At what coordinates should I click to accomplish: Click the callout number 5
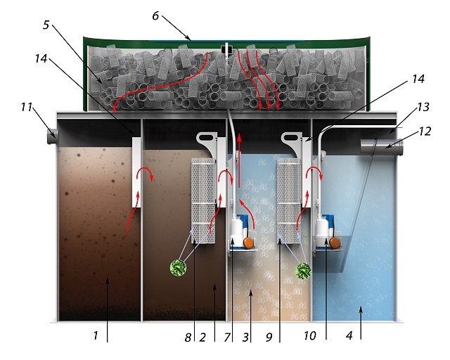coord(46,25)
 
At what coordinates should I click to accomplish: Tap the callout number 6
coord(155,15)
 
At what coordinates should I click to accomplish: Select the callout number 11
coord(26,107)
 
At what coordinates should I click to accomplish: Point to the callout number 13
coord(423,107)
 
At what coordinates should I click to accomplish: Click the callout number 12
coord(425,131)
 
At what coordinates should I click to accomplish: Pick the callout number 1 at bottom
coord(96,335)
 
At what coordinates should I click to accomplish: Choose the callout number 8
coord(188,337)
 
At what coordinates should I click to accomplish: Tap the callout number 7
coord(227,337)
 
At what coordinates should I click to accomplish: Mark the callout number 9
coord(269,337)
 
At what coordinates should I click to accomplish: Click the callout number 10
coord(310,335)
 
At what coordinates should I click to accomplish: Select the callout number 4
coord(349,335)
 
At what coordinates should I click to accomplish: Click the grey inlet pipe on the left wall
coord(53,136)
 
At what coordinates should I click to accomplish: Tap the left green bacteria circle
coord(178,268)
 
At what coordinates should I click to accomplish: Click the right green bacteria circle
coord(304,271)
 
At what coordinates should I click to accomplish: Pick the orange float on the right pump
coord(335,243)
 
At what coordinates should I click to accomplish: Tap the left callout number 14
coord(41,58)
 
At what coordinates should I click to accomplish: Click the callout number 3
coord(245,337)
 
